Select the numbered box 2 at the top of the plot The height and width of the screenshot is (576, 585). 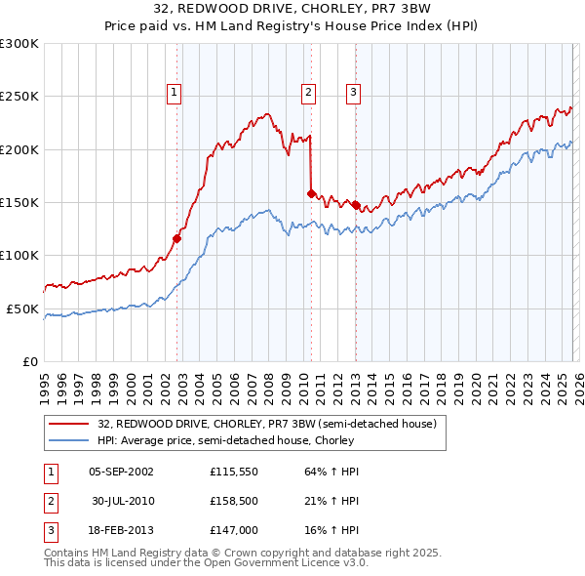(x=308, y=93)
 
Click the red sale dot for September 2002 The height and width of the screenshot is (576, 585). (x=176, y=237)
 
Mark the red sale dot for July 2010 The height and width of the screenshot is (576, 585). (x=311, y=193)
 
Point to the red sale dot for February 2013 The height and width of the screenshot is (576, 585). (x=356, y=206)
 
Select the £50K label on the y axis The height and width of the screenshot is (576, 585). (x=21, y=309)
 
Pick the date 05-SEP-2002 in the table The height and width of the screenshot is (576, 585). (x=121, y=471)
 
